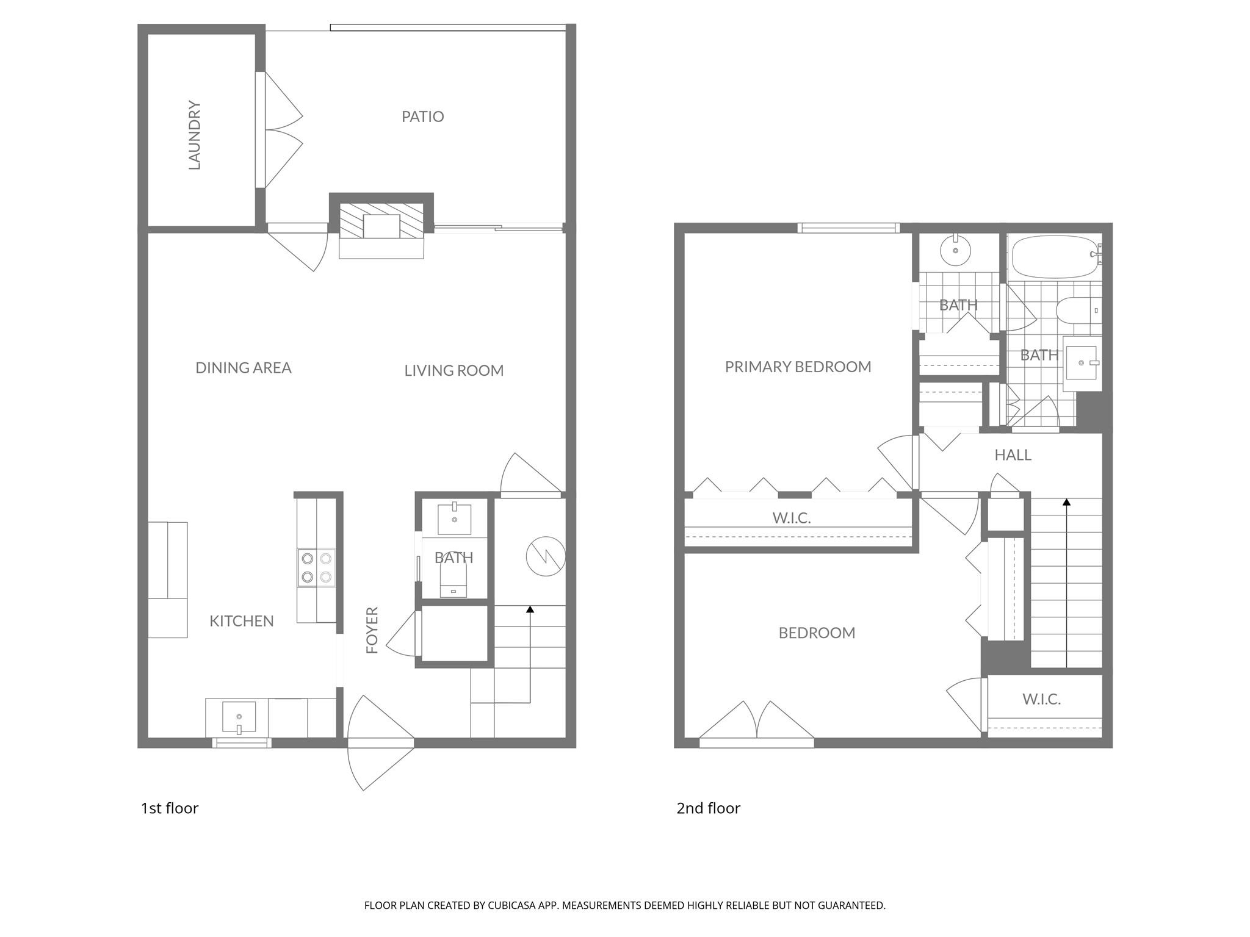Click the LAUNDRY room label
[x=195, y=135]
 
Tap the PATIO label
[x=422, y=117]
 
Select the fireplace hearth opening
[x=381, y=226]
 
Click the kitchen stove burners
[x=316, y=567]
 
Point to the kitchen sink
[x=239, y=719]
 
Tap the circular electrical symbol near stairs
[x=546, y=556]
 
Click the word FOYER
[x=372, y=630]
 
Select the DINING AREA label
[x=243, y=368]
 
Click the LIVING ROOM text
[x=453, y=370]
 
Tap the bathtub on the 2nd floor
[x=1054, y=256]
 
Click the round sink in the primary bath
[x=955, y=251]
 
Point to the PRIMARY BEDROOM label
[x=798, y=367]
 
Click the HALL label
[x=1013, y=455]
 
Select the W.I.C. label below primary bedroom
[x=792, y=518]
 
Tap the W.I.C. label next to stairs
[x=1041, y=699]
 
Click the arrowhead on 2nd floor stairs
[x=1066, y=502]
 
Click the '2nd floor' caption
[x=708, y=808]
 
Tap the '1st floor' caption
[x=170, y=808]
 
